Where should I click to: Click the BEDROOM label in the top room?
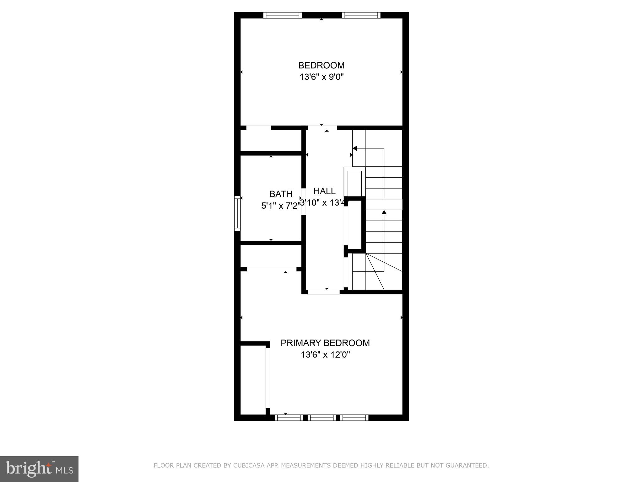pyautogui.click(x=321, y=65)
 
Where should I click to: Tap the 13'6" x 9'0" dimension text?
pyautogui.click(x=321, y=77)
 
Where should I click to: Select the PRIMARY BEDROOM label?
pyautogui.click(x=325, y=343)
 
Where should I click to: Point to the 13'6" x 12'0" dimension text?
pyautogui.click(x=325, y=355)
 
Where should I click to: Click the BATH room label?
pyautogui.click(x=281, y=194)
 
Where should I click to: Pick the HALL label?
pyautogui.click(x=324, y=191)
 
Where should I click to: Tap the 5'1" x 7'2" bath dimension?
pyautogui.click(x=279, y=206)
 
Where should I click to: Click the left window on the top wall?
pyautogui.click(x=282, y=15)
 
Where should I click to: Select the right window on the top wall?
pyautogui.click(x=361, y=15)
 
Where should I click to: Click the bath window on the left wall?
pyautogui.click(x=237, y=213)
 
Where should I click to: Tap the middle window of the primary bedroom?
pyautogui.click(x=322, y=418)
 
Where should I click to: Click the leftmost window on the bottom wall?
pyautogui.click(x=289, y=418)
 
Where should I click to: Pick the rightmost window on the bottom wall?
pyautogui.click(x=354, y=418)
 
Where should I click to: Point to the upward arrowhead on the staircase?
pyautogui.click(x=384, y=212)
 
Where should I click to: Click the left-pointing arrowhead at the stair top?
pyautogui.click(x=355, y=148)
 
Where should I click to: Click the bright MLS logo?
pyautogui.click(x=39, y=469)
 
